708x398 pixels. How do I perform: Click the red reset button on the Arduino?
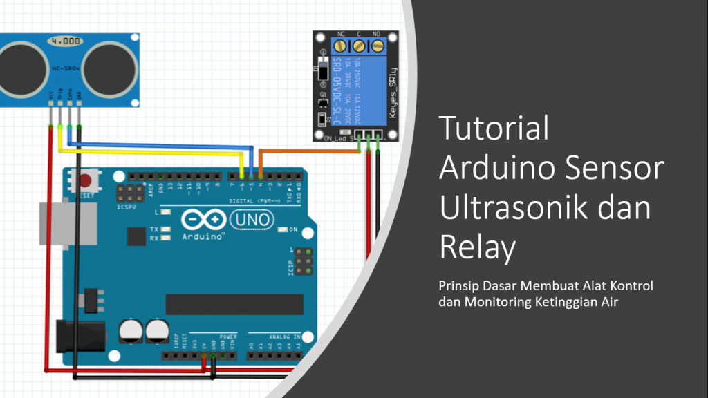(86, 182)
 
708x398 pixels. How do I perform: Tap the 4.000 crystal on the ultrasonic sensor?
(62, 41)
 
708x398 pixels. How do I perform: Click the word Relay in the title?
(478, 247)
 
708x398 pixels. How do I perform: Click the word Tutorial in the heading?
(494, 129)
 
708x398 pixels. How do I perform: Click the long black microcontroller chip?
(234, 304)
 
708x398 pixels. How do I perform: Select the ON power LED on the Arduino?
(282, 229)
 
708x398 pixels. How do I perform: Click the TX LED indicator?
(165, 229)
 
